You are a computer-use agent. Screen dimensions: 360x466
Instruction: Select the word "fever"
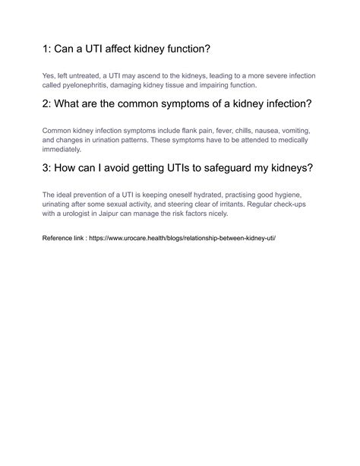(x=221, y=131)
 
